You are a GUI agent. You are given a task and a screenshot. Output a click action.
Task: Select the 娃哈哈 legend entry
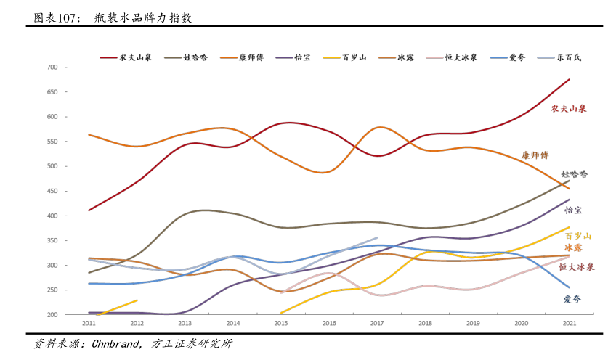195,57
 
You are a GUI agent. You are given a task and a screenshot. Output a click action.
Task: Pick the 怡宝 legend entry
302,57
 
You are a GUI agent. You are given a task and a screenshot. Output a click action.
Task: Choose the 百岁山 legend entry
354,57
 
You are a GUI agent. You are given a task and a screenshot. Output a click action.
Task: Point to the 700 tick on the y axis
73,67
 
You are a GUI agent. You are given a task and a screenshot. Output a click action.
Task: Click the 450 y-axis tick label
73,192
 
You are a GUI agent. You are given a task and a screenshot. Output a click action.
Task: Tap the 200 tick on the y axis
73,315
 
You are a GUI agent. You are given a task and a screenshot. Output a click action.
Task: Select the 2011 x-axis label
89,323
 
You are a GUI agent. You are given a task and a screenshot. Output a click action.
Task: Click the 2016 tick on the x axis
329,323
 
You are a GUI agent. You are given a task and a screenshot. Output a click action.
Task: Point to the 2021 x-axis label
569,323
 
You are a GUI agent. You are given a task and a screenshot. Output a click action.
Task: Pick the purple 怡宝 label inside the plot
573,210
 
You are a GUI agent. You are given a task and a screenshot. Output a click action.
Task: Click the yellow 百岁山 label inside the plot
577,236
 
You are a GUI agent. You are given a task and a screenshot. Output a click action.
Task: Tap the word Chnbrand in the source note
118,343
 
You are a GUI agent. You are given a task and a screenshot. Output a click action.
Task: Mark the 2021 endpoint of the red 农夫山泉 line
569,79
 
